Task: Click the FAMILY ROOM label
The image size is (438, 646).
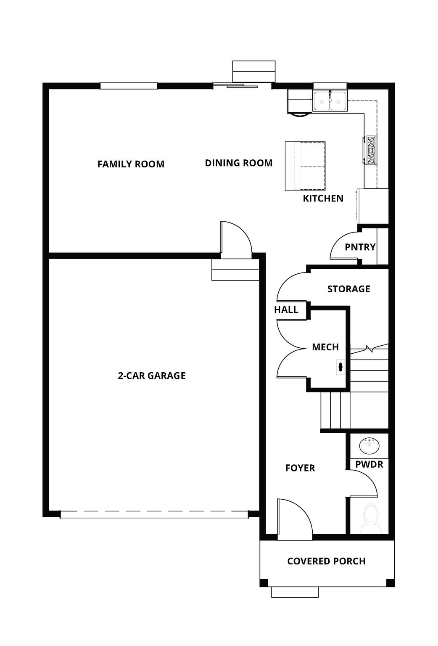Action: point(131,164)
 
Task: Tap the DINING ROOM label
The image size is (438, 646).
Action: point(238,163)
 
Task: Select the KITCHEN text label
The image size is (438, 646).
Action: point(323,198)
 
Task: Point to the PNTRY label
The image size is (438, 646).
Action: point(360,247)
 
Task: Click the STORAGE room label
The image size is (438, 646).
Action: point(348,289)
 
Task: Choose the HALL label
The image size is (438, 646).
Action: point(286,310)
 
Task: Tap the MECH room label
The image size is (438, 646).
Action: point(325,347)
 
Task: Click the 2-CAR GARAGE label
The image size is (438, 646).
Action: point(151,376)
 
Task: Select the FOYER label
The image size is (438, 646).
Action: point(300,468)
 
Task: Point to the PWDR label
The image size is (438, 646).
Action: point(369,464)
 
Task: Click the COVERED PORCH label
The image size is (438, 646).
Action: point(326,561)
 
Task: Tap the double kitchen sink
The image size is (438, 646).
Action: point(330,101)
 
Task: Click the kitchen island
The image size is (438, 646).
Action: point(305,166)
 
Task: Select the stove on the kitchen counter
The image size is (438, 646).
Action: point(370,150)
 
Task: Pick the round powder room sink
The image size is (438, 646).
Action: point(369,445)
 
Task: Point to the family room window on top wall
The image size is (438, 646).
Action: point(129,86)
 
